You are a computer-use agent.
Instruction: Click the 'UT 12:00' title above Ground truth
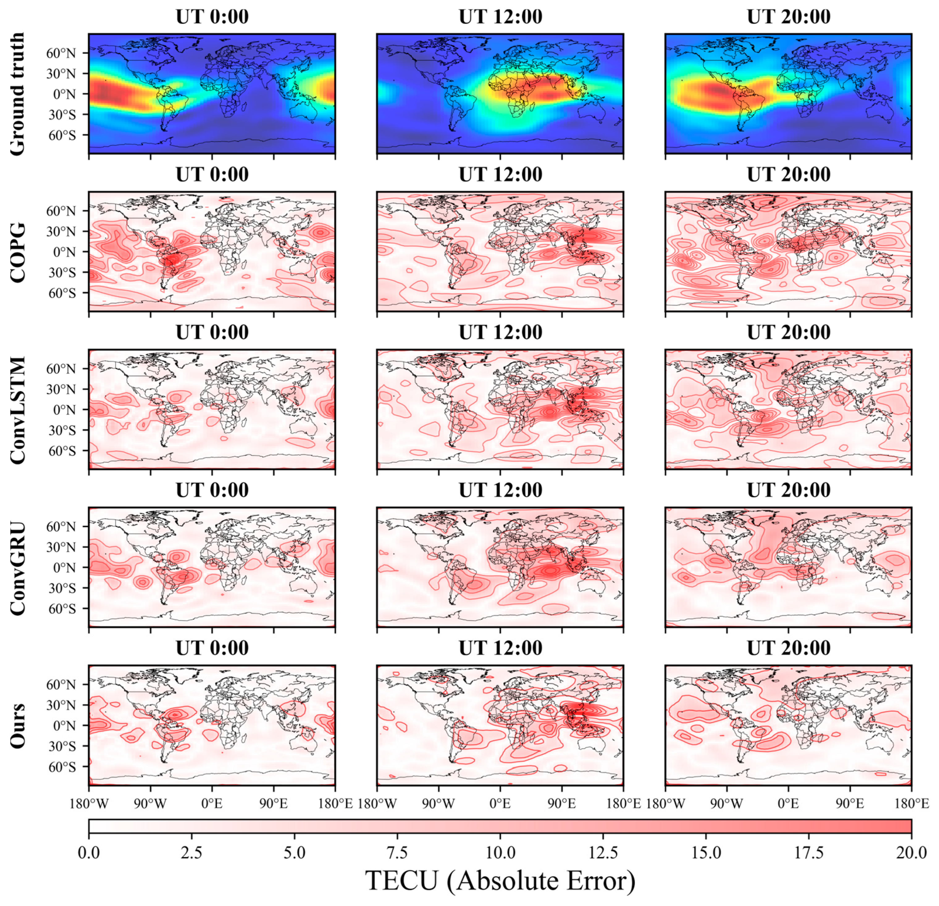(x=500, y=17)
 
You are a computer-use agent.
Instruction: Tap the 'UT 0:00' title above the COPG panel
(x=212, y=175)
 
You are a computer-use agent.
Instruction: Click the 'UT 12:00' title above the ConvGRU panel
(x=500, y=490)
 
